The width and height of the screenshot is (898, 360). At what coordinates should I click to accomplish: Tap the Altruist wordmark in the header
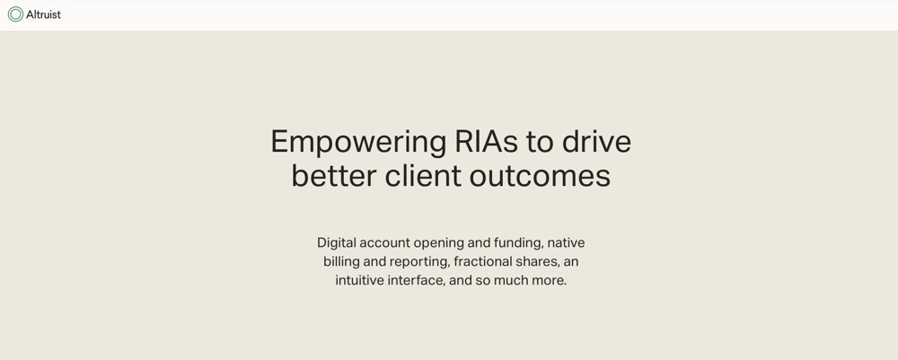43,14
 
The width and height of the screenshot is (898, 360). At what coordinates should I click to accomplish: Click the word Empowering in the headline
358,143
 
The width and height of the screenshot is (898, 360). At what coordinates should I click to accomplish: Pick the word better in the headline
333,176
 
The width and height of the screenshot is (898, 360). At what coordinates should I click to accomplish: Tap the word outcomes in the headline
540,177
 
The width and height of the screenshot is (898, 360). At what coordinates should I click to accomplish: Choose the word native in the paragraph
566,242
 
